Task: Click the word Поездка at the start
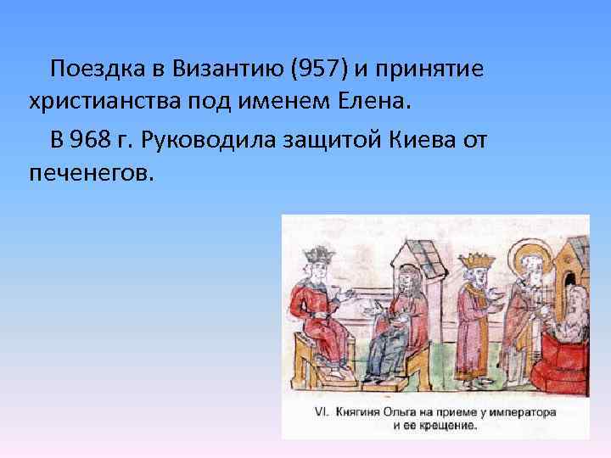tap(94, 68)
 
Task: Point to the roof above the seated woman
tap(415, 247)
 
